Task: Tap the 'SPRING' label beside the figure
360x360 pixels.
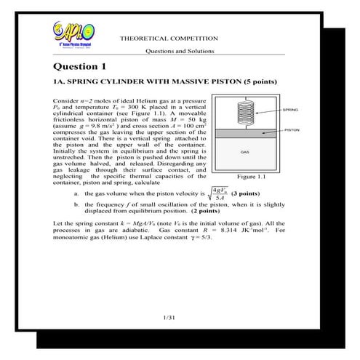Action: click(x=289, y=109)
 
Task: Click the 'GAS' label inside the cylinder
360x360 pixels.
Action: click(x=245, y=152)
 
